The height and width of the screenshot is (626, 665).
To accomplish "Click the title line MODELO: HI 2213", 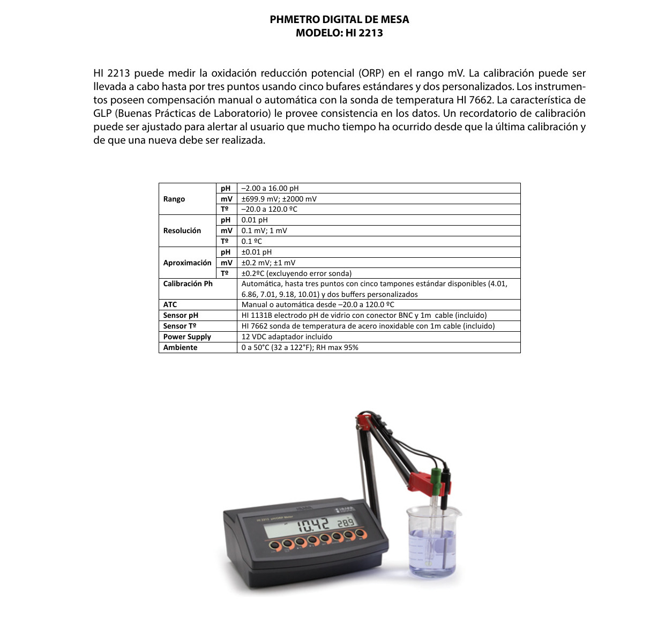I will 339,33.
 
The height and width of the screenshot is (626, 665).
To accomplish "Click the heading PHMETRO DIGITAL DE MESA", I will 339,19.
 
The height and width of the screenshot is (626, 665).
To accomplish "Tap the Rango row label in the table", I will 174,199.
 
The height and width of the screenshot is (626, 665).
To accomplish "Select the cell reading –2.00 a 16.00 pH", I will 270,188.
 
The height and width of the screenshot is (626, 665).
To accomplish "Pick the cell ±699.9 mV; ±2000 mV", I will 279,199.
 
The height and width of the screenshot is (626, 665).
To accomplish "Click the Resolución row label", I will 182,230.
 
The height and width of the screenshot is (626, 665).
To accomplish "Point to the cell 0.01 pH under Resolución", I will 255,220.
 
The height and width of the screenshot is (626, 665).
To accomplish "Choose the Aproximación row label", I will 187,263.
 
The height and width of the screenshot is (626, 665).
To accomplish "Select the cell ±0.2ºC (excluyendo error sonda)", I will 296,273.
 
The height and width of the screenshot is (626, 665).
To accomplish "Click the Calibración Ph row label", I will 188,284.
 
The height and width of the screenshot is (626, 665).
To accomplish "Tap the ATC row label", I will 170,304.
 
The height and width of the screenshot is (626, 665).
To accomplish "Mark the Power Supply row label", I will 187,337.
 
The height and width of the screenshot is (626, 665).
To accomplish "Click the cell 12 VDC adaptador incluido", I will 287,337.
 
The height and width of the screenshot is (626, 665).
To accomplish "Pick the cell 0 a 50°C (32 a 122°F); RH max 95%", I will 300,347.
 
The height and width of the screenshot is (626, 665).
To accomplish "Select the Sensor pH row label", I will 181,315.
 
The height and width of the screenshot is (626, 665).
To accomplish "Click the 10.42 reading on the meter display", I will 313,525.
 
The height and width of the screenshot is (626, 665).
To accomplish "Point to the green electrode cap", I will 437,475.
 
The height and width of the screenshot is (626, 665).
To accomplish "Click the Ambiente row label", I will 180,347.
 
